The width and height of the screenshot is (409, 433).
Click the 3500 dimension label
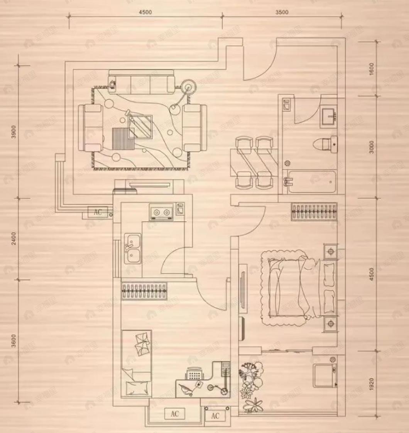point(282,12)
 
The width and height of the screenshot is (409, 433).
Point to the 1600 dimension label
point(372,69)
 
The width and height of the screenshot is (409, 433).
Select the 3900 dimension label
point(14,132)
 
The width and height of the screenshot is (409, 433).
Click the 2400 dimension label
point(14,239)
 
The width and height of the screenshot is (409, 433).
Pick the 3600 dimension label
point(14,341)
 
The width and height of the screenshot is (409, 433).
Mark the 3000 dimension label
point(372,147)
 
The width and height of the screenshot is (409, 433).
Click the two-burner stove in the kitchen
point(161,212)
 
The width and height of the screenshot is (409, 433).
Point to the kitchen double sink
point(132,249)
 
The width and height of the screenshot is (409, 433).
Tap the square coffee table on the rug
point(140,126)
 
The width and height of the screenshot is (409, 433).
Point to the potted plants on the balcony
point(251,386)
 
